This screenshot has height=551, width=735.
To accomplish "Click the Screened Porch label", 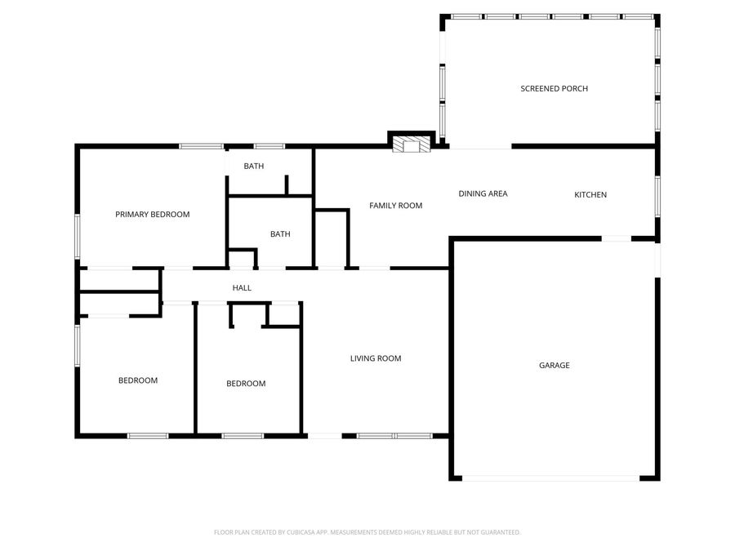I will (x=554, y=88).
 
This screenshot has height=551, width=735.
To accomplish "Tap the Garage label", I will (x=554, y=365).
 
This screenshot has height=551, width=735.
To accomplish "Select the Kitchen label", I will (x=590, y=194).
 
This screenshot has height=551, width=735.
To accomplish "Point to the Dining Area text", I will (x=483, y=193).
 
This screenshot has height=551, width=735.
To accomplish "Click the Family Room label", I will (x=395, y=206).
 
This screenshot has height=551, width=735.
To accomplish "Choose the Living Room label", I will (x=376, y=358).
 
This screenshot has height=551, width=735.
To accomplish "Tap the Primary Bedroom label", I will (x=152, y=215).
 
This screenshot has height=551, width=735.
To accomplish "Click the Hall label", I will (x=242, y=288).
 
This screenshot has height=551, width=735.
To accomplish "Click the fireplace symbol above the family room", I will (x=410, y=144).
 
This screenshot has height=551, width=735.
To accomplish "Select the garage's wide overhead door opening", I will (x=554, y=478).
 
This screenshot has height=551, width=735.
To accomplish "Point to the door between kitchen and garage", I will (x=616, y=238).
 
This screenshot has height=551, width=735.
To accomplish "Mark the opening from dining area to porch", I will (x=480, y=147).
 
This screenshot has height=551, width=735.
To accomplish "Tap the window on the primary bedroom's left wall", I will (x=78, y=236).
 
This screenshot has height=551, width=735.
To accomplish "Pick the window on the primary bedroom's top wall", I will (x=201, y=146).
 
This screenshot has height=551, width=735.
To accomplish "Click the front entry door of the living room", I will (x=324, y=436).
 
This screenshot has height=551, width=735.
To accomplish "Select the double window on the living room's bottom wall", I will (x=395, y=436).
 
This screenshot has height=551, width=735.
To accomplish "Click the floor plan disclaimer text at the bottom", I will (x=367, y=532).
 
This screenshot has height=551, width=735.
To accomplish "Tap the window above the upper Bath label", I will (x=269, y=146).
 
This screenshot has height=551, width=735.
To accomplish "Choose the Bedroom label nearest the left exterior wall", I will (x=138, y=380).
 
